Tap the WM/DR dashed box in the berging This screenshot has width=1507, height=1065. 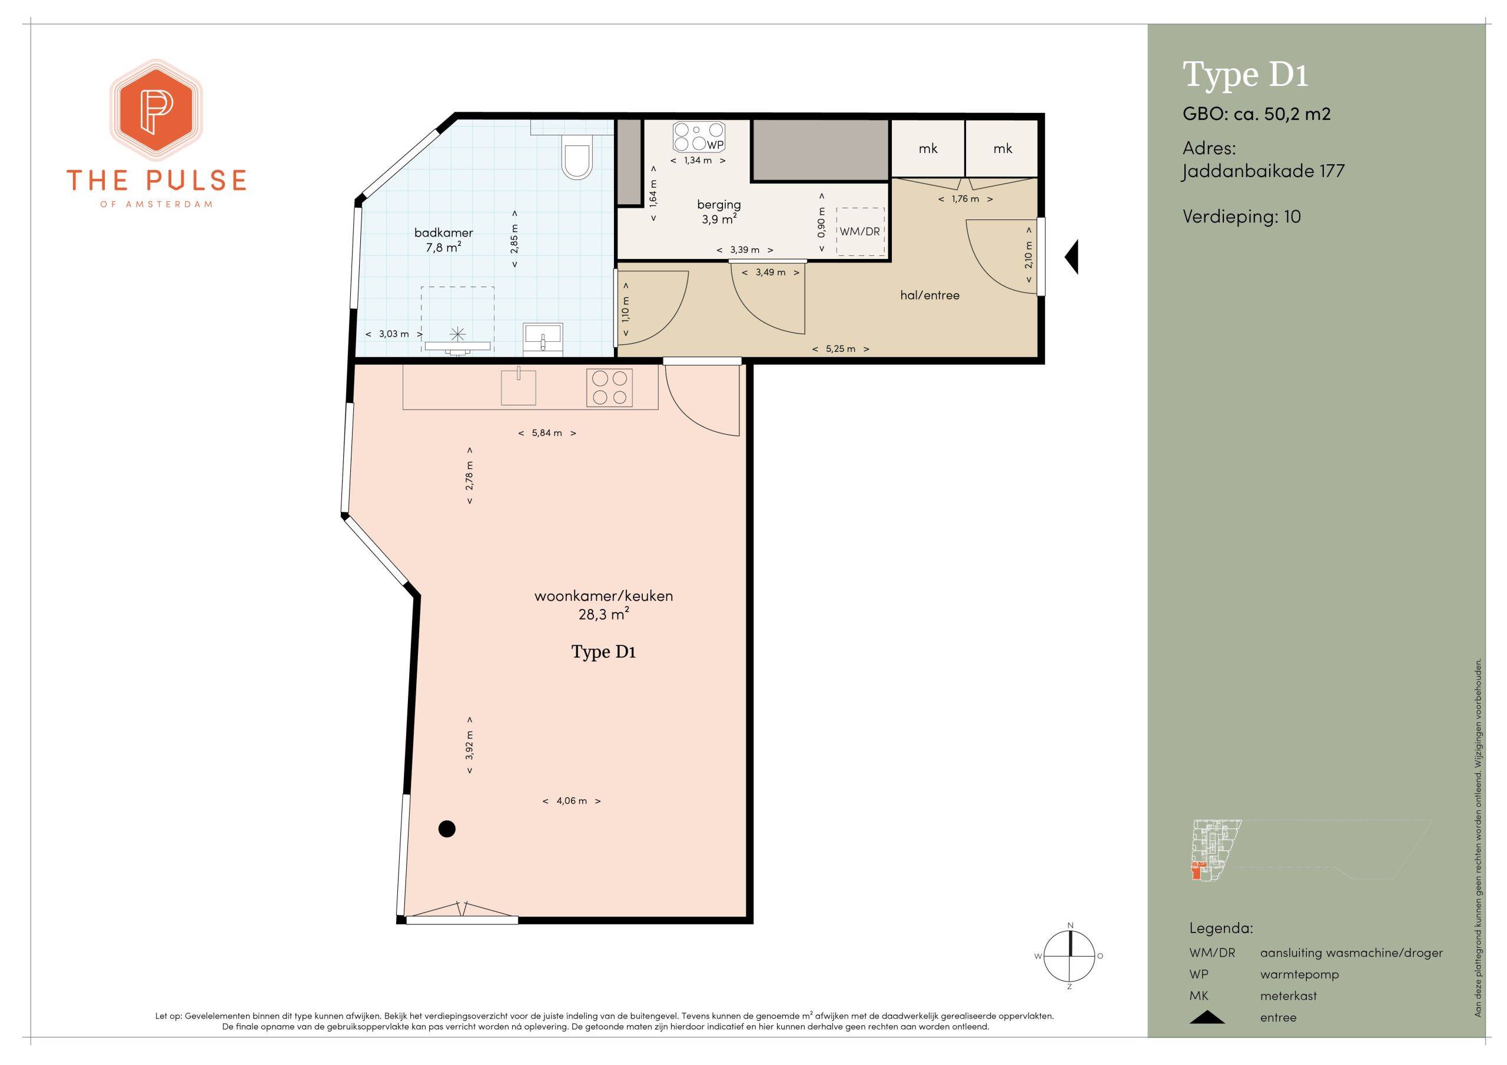[860, 232]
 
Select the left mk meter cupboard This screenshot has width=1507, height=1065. [927, 148]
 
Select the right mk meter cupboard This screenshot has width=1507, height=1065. [1003, 148]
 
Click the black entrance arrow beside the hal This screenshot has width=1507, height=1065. [1071, 257]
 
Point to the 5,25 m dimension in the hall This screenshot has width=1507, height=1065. [840, 349]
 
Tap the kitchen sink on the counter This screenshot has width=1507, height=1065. [518, 387]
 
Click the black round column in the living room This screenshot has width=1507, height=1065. [447, 830]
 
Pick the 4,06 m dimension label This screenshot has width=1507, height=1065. [572, 801]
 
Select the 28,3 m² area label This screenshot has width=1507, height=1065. [604, 614]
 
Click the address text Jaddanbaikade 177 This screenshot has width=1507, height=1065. [1263, 172]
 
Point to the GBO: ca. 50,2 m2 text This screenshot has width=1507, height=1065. [1256, 114]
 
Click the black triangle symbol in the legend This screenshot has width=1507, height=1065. [1206, 1017]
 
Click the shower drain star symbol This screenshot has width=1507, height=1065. [457, 335]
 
